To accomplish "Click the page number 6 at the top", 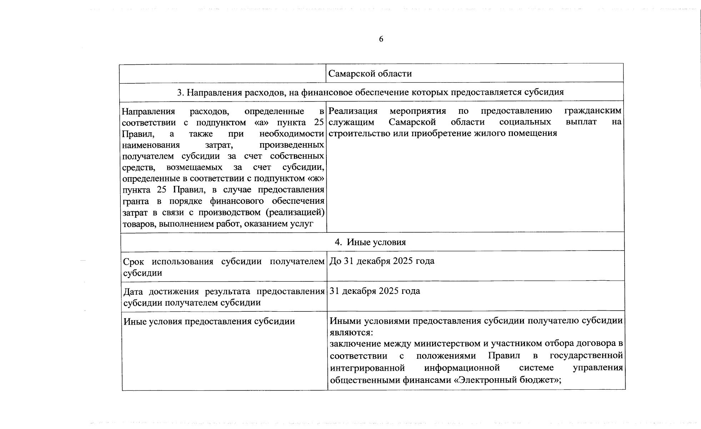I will [x=381, y=39].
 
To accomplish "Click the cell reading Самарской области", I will [x=370, y=74].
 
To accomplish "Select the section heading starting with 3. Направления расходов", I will [x=370, y=92].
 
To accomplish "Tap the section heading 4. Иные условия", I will [x=370, y=242].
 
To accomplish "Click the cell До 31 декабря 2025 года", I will [x=381, y=261].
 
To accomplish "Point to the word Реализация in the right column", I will [x=352, y=111].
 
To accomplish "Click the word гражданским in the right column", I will [x=592, y=111].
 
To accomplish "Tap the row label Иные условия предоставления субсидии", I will [x=209, y=321].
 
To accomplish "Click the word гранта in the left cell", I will [x=135, y=201].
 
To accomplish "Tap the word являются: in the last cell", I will [x=351, y=332].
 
